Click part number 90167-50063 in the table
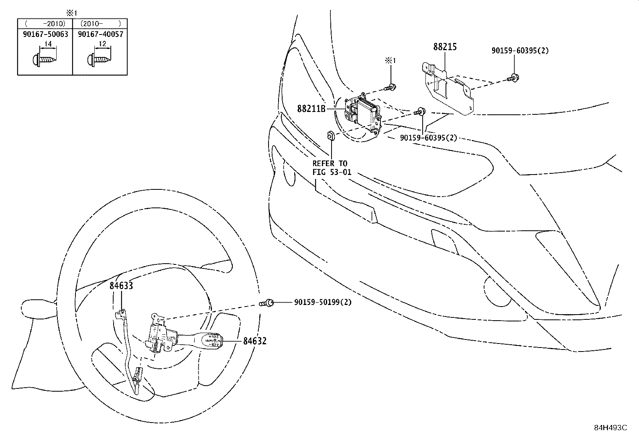click(45, 34)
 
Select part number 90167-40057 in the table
click(100, 34)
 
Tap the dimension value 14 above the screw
click(48, 44)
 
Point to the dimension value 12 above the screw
click(102, 44)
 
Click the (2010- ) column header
click(100, 24)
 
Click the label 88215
click(445, 47)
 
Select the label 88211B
click(311, 108)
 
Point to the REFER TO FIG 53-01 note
click(330, 168)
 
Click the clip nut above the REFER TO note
click(330, 135)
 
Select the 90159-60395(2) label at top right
click(520, 51)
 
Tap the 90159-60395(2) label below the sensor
click(428, 138)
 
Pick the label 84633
click(121, 286)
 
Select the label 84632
click(254, 341)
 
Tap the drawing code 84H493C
click(610, 428)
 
